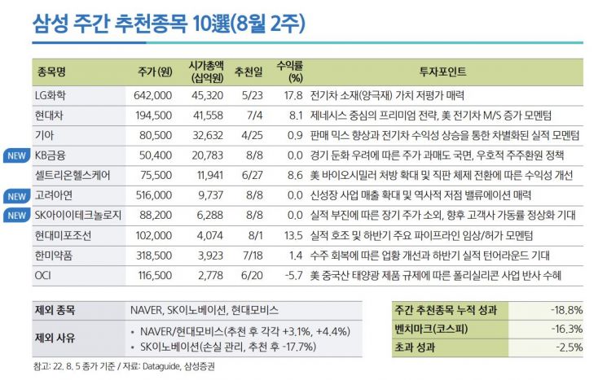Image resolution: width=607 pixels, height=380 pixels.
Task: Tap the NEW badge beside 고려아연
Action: [x=16, y=196]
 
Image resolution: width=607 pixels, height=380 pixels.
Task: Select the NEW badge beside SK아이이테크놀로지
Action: [x=16, y=216]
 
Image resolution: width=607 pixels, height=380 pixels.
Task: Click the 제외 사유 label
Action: [x=57, y=338]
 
